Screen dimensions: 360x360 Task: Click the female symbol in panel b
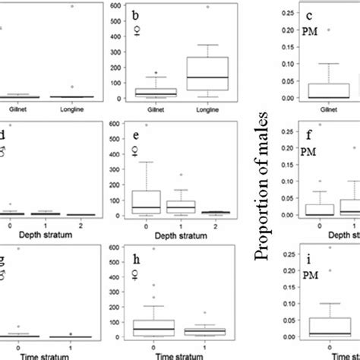137,30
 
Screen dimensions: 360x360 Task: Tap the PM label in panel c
289,31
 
